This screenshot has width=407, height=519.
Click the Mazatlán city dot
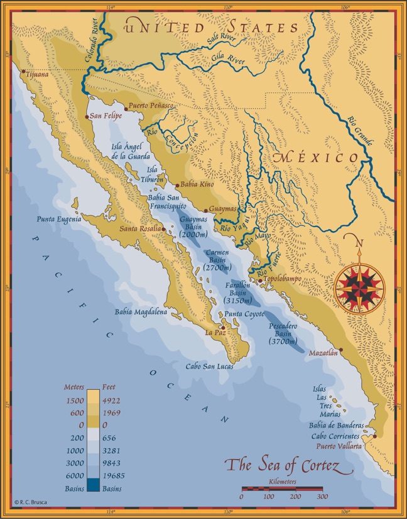click(x=341, y=350)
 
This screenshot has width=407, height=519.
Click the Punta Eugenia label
click(x=59, y=220)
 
